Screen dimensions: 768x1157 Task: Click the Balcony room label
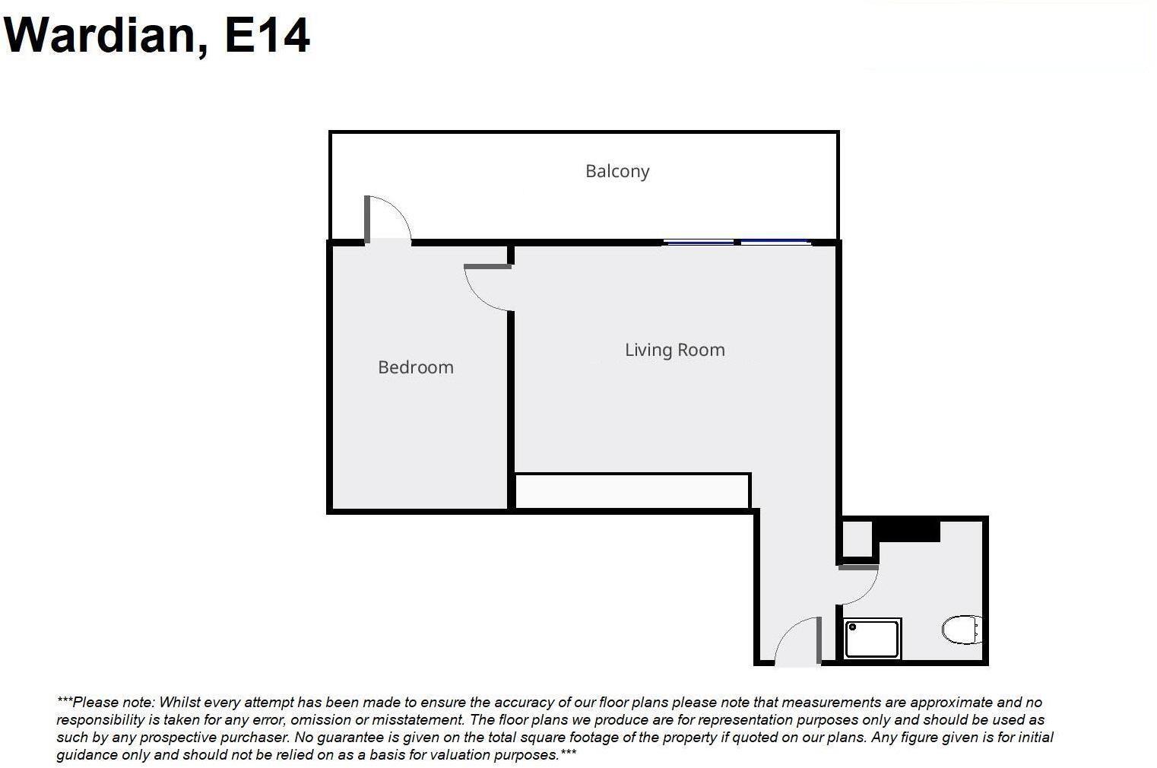617,171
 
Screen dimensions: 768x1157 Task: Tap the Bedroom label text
416,367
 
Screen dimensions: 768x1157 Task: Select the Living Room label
674,350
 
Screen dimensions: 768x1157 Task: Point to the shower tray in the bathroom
872,639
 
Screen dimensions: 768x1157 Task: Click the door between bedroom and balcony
387,221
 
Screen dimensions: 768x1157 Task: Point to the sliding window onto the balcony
735,242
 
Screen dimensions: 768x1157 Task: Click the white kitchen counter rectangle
632,491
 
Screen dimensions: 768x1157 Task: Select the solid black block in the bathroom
906,531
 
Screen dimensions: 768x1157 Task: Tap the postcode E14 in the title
267,35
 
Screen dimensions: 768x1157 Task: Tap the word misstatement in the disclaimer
417,719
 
